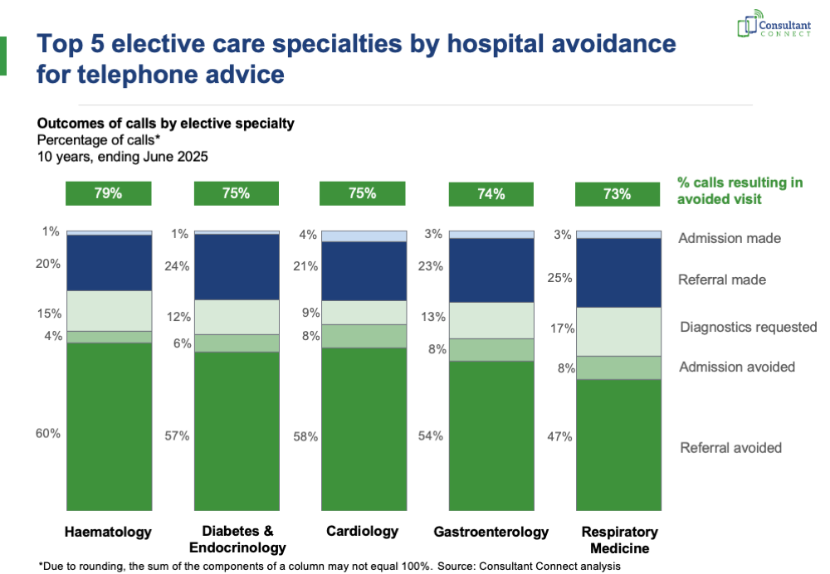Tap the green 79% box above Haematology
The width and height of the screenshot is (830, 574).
click(109, 193)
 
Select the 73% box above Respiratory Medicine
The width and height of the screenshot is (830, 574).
click(618, 194)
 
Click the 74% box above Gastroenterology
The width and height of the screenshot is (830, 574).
click(491, 194)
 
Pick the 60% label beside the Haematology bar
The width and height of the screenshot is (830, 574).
click(48, 433)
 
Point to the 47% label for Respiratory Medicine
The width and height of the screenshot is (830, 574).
click(559, 436)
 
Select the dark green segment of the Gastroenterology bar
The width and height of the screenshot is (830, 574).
click(491, 435)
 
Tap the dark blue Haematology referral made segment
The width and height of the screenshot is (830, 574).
click(109, 262)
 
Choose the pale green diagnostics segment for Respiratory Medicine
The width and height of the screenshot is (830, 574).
click(618, 331)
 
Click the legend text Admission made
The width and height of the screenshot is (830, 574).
click(730, 238)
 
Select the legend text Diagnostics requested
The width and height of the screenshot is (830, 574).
click(749, 327)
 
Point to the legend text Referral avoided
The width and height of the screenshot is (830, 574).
click(730, 448)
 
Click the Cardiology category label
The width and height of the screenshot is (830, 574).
click(362, 531)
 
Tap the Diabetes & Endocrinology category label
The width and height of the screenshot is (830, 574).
click(237, 539)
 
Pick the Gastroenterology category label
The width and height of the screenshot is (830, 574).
click(491, 532)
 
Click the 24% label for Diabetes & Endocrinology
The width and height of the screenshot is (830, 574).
click(177, 266)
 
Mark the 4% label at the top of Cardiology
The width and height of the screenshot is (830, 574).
click(308, 235)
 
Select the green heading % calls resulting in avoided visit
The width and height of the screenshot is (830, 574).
click(740, 191)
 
